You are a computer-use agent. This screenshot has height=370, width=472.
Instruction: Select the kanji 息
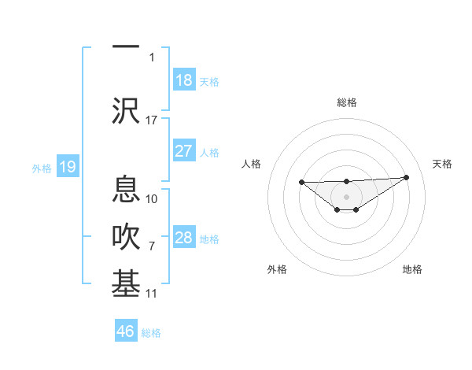[x=126, y=189]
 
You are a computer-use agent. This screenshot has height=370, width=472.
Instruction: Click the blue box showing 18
[x=183, y=80]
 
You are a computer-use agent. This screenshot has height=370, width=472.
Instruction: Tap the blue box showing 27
[x=183, y=151]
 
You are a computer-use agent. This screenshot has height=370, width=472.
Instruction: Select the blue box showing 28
[x=183, y=238]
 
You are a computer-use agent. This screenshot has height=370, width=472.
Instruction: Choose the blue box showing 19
[x=68, y=167]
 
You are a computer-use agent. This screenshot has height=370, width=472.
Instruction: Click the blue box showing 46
[x=126, y=331]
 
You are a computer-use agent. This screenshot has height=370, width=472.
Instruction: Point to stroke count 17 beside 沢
[x=152, y=120]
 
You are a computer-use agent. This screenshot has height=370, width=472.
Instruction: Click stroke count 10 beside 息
[x=152, y=198]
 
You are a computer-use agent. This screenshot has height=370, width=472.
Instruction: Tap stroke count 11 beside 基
[x=152, y=294]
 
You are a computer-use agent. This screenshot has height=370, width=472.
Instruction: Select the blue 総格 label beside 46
[x=151, y=333]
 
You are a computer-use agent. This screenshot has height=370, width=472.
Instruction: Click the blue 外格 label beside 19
[x=41, y=168]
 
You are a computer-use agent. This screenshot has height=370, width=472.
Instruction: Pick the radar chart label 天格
[x=442, y=164]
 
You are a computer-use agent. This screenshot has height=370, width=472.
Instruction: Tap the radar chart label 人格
[x=251, y=164]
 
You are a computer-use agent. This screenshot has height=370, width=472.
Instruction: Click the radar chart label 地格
[x=412, y=269]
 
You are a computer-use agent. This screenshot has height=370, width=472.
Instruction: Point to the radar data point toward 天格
[x=407, y=177]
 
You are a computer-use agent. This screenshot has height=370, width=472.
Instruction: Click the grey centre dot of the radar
[x=346, y=196]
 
